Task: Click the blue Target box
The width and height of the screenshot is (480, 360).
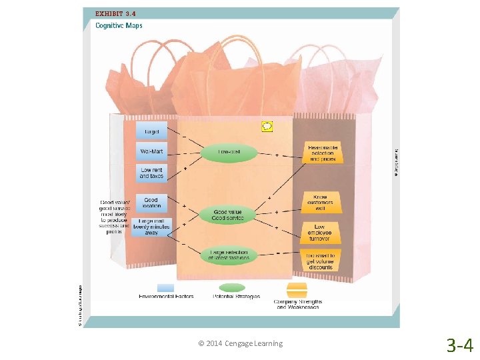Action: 152,131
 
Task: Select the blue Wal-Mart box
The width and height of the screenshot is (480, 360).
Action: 152,151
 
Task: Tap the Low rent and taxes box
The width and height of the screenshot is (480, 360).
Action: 152,173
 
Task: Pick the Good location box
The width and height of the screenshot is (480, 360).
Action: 151,203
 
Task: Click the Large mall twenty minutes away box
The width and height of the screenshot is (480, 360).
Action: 152,227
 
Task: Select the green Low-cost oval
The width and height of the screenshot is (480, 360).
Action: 229,152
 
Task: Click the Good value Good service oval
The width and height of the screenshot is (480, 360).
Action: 229,215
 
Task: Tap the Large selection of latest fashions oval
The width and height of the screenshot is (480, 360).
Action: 229,255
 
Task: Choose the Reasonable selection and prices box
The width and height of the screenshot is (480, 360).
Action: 322,153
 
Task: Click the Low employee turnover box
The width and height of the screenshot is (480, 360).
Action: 319,233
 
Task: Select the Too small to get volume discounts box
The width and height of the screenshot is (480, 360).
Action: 321,261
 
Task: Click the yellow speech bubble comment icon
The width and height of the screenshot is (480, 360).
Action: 267,125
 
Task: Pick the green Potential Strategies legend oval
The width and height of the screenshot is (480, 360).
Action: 233,288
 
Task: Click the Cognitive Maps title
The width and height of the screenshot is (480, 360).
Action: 119,26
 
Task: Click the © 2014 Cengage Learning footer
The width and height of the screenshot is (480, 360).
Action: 241,343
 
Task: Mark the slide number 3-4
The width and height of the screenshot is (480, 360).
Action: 459,345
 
